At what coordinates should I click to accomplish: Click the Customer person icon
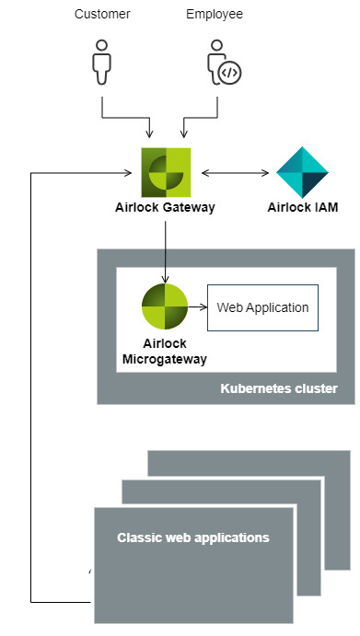coord(101,62)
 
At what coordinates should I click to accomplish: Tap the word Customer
coord(102,14)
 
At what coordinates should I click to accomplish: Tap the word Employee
coord(215,14)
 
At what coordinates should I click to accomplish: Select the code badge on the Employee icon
coord(229,73)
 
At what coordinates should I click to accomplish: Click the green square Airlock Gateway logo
coord(166,172)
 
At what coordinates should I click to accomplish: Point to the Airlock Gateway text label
coord(165,207)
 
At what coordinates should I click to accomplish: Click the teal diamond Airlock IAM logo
coord(302,172)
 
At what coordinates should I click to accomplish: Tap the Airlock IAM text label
coord(303,207)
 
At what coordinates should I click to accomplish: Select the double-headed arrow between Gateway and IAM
coord(235,173)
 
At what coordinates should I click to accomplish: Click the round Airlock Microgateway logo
coord(165,306)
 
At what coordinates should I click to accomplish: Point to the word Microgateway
coord(165,359)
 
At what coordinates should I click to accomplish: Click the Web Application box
coord(262,307)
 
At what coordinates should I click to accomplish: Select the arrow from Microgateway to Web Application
coord(198,307)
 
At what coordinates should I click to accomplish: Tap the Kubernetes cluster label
coord(279,388)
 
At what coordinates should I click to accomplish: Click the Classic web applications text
coord(193,538)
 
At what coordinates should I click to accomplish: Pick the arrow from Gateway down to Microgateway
coord(165,252)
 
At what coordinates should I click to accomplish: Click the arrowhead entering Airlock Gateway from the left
coord(127,173)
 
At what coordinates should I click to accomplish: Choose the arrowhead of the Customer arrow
coord(150,133)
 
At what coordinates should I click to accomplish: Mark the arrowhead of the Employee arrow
coord(184,133)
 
